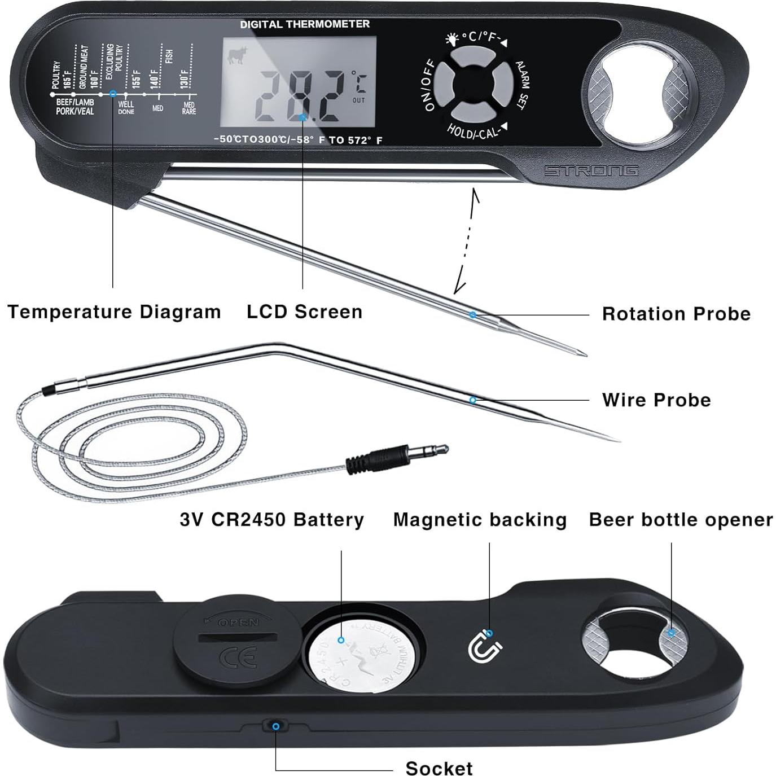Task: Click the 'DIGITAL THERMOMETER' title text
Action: pyautogui.click(x=305, y=24)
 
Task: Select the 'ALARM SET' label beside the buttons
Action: pyautogui.click(x=523, y=85)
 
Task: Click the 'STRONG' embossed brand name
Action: pyautogui.click(x=591, y=170)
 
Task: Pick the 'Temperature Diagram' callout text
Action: pyautogui.click(x=114, y=312)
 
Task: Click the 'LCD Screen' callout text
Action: pyautogui.click(x=304, y=312)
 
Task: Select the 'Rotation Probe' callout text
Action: pyautogui.click(x=676, y=314)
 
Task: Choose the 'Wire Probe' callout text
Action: pyautogui.click(x=656, y=400)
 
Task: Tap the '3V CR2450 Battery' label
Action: pyautogui.click(x=272, y=519)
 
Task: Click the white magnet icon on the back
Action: pyautogui.click(x=485, y=647)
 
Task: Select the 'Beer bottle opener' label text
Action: pyautogui.click(x=681, y=519)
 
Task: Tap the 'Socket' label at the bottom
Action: pyautogui.click(x=439, y=768)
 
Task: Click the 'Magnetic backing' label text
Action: pyautogui.click(x=480, y=519)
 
